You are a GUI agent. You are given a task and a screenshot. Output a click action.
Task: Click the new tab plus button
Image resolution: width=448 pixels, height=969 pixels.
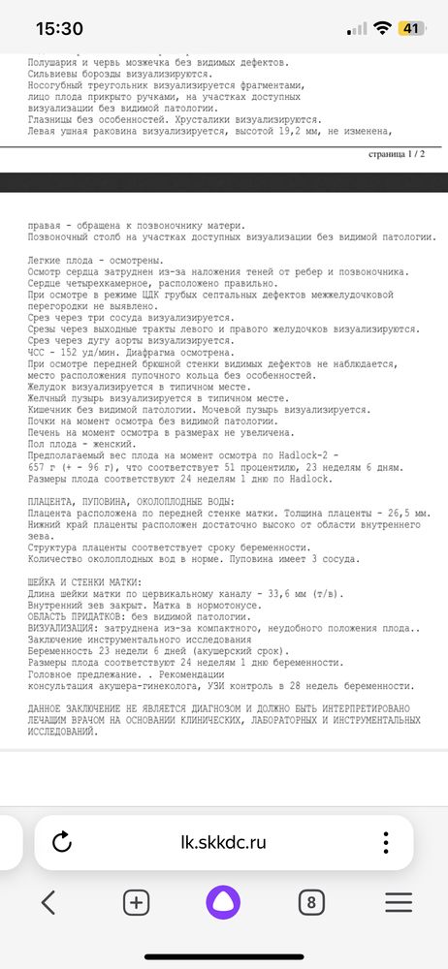pyautogui.click(x=137, y=902)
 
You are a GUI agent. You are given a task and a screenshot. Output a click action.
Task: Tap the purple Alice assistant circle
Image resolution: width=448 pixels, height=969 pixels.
pyautogui.click(x=224, y=902)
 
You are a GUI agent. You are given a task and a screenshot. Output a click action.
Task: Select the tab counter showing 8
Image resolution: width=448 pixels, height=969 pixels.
pyautogui.click(x=310, y=902)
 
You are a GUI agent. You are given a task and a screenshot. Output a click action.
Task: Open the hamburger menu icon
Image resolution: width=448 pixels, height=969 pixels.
pyautogui.click(x=399, y=902)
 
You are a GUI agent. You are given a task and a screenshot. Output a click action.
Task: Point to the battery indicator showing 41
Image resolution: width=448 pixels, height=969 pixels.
pyautogui.click(x=410, y=28)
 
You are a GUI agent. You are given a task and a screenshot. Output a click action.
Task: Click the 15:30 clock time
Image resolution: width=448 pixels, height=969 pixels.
pyautogui.click(x=59, y=29)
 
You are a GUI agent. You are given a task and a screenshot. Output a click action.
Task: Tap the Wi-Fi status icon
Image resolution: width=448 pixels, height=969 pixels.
pyautogui.click(x=384, y=28)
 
